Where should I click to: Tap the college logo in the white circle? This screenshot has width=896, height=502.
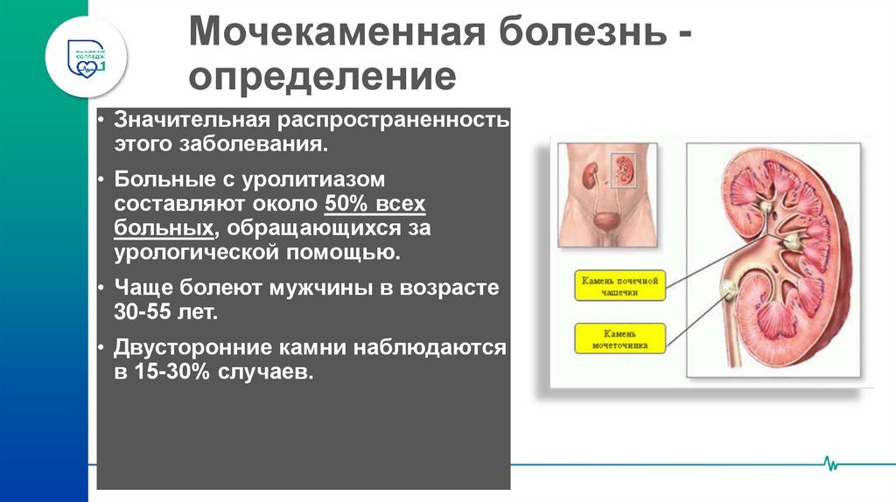(87, 53)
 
